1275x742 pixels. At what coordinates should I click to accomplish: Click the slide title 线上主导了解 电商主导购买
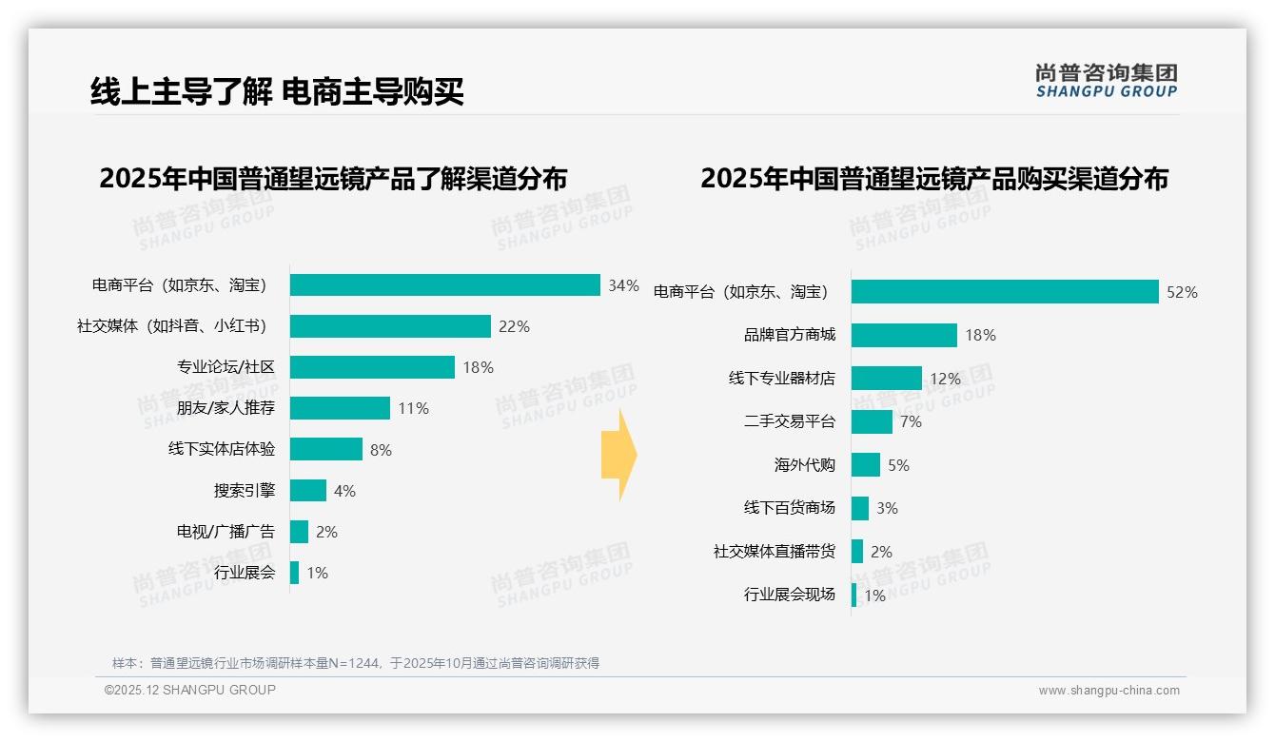click(x=277, y=91)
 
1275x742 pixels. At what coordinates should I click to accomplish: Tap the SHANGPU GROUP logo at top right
click(x=1107, y=81)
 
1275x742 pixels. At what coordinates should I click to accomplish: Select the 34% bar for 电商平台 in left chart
click(x=444, y=285)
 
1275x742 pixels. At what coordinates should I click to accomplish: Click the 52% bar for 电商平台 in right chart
click(x=1004, y=292)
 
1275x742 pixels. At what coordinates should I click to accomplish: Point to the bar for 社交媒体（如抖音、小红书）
click(x=390, y=326)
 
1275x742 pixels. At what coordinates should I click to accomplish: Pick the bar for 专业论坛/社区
click(x=372, y=367)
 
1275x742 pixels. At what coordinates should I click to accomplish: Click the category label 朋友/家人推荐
click(x=226, y=408)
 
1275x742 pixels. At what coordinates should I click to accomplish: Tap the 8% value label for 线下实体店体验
click(x=381, y=450)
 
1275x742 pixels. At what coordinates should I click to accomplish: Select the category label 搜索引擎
click(x=244, y=491)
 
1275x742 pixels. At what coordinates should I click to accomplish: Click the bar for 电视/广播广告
click(x=299, y=532)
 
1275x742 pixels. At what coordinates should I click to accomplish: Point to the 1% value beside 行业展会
click(x=317, y=573)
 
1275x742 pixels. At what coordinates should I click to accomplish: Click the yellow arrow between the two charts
click(x=618, y=455)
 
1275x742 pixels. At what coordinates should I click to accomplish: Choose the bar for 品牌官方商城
click(x=904, y=335)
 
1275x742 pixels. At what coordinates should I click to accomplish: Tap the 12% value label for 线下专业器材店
click(x=945, y=379)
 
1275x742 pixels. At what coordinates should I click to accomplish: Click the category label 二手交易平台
click(x=789, y=421)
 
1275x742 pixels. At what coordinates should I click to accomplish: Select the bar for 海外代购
click(x=865, y=465)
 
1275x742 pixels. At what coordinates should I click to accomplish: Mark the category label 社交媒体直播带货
click(x=774, y=552)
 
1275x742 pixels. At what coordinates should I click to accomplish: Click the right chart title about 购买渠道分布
click(x=933, y=179)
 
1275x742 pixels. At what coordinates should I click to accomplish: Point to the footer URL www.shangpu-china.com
click(x=1108, y=691)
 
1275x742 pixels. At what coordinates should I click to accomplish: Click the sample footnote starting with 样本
click(x=356, y=663)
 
